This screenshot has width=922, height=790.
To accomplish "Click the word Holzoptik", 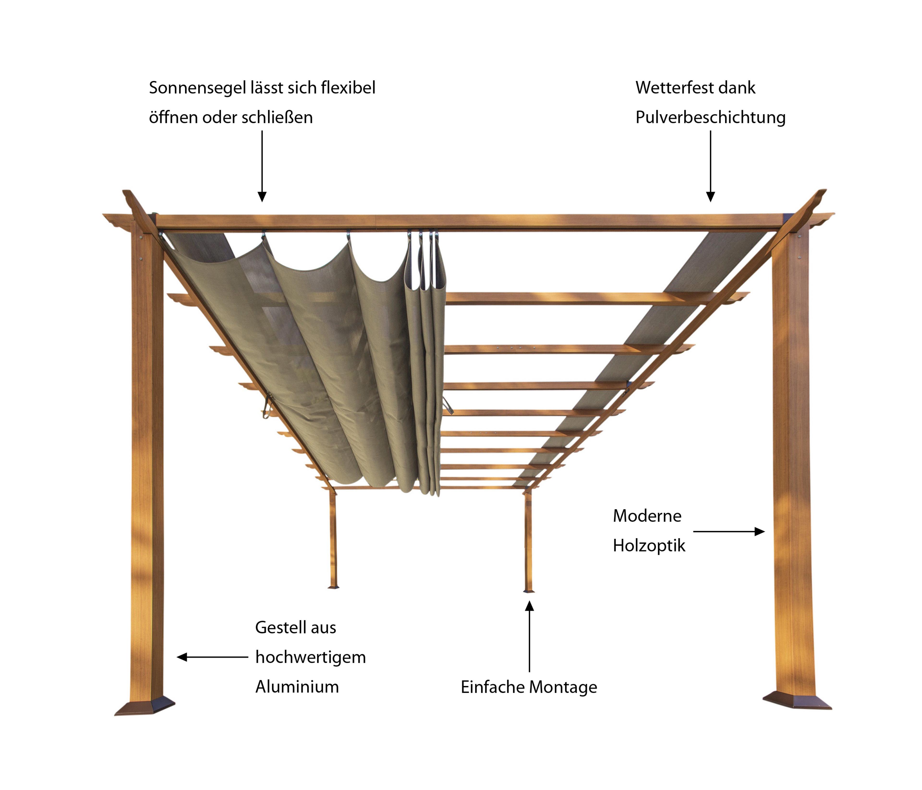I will [x=649, y=545].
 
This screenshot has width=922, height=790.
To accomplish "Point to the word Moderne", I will [x=647, y=516].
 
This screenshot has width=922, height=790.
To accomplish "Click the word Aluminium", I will [x=297, y=687].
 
